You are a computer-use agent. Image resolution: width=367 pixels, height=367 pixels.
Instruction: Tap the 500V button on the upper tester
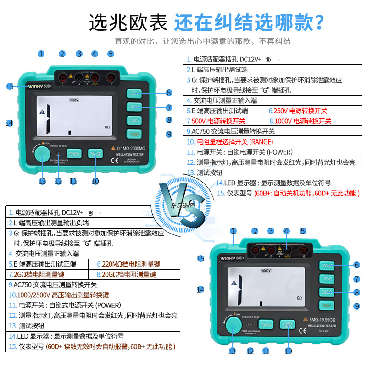pos(135,107)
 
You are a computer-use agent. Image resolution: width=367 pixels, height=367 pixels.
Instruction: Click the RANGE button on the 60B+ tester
pos(95,154)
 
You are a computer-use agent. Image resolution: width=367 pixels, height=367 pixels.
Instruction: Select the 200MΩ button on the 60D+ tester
pos(327,266)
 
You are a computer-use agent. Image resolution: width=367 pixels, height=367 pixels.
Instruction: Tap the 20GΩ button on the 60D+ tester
pos(327,292)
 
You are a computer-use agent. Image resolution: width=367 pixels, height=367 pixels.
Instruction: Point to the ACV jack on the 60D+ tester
pos(287,250)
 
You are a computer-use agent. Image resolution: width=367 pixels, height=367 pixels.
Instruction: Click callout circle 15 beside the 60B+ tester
pos(10,86)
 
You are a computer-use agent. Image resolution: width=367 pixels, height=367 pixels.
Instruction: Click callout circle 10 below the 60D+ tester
pos(288,351)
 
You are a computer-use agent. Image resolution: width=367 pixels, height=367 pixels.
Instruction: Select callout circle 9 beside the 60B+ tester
pos(169,134)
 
